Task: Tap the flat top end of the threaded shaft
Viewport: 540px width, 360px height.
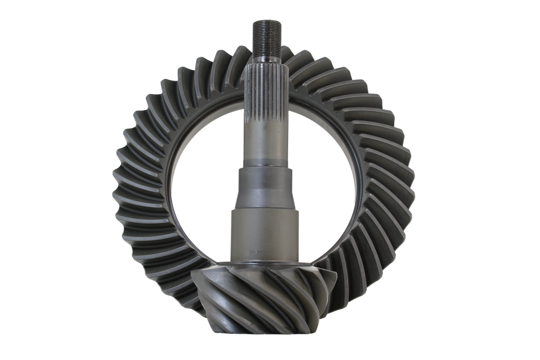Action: click(x=264, y=21)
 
